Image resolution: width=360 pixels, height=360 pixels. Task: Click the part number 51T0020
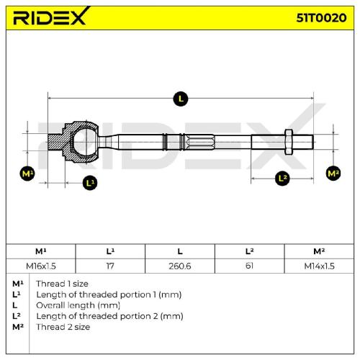point(321,17)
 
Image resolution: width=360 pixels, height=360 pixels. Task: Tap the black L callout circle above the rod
point(181,99)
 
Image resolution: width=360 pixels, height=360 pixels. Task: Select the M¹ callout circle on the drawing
point(27,174)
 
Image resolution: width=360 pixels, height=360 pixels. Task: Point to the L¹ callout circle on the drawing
point(90,183)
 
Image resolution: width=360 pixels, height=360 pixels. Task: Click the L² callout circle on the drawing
point(282,178)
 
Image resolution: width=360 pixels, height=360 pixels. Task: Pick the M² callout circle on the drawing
point(333,173)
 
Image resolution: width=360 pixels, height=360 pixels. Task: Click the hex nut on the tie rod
point(289,142)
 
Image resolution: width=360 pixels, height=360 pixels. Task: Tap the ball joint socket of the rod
point(81,142)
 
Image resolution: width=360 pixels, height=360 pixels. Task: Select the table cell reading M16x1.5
point(41,266)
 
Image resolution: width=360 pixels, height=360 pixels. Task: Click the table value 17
point(110,266)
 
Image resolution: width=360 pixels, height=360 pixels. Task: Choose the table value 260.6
point(180,266)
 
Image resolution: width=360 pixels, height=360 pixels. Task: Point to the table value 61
point(249,266)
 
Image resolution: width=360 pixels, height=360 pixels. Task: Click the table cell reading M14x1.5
point(319,266)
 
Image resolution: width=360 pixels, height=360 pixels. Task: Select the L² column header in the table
point(249,251)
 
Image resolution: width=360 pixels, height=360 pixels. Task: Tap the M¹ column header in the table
point(41,251)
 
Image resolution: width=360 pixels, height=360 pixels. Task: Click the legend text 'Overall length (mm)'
point(78,305)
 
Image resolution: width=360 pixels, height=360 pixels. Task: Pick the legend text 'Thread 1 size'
point(62,284)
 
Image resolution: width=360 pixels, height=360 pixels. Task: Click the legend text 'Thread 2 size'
point(63,327)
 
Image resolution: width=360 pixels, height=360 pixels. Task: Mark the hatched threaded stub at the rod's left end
point(55,142)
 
